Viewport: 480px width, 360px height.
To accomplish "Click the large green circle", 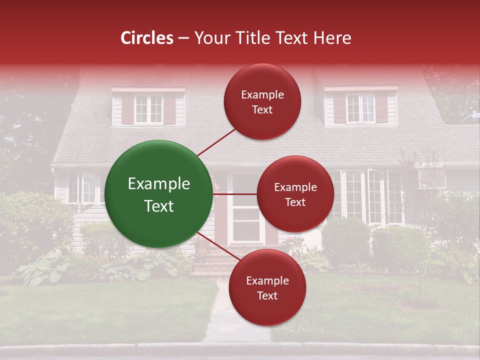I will tap(158, 194).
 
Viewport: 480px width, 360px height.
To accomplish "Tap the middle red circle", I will tap(295, 194).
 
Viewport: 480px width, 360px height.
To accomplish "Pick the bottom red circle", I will tap(267, 287).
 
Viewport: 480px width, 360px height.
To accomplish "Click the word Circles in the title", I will tap(146, 37).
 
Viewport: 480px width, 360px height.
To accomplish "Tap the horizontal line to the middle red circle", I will tap(235, 193).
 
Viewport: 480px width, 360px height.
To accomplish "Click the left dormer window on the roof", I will tap(148, 108).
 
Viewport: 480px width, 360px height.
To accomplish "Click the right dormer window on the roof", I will tap(360, 107).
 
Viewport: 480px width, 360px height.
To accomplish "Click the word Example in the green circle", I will tap(158, 184).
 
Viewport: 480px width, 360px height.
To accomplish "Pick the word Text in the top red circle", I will tap(262, 109).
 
